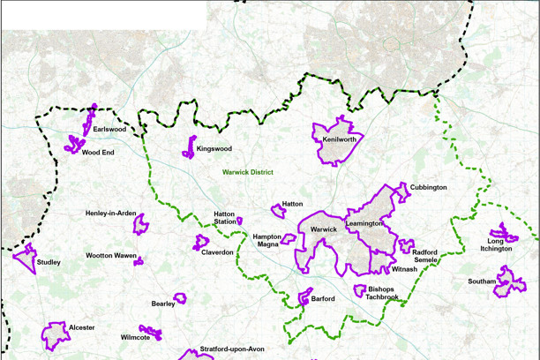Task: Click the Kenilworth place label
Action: [x=340, y=139]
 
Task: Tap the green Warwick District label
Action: [x=248, y=173]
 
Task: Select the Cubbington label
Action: [x=429, y=188]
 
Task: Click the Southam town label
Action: [x=482, y=282]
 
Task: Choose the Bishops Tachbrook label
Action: [x=383, y=293]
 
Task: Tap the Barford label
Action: [x=323, y=299]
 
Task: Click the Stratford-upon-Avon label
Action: [x=233, y=349]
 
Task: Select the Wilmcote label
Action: [x=135, y=338]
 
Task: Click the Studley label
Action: [x=49, y=262]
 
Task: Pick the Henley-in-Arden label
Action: [x=110, y=214]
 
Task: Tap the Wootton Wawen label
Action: [x=110, y=256]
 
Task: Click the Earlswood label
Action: [x=109, y=130]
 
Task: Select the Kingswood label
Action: [x=214, y=149]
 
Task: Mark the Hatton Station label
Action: [x=225, y=219]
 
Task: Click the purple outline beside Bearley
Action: [x=180, y=298]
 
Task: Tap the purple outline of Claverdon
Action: [x=201, y=241]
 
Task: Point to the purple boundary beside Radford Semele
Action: [x=406, y=246]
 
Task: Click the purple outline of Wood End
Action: [x=74, y=144]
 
